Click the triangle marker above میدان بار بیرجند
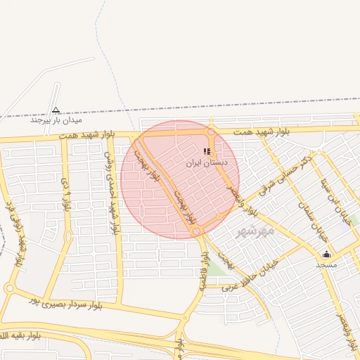pos(56,110)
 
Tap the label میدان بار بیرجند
pos(56,120)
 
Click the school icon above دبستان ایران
pos(207,151)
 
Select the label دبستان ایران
pos(207,162)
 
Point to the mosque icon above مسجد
pos(326,255)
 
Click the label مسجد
pos(326,265)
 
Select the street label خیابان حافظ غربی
pos(250,276)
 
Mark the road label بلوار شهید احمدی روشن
pos(111,191)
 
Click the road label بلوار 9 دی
pos(67,195)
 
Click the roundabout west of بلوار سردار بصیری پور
pos(9,288)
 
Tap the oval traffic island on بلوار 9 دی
pos(67,236)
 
